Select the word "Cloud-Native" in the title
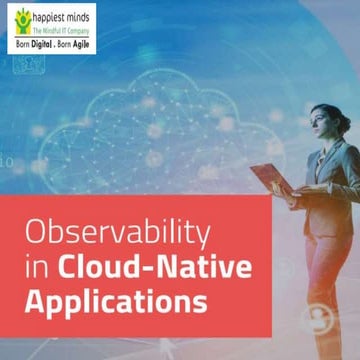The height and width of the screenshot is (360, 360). [139, 266]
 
